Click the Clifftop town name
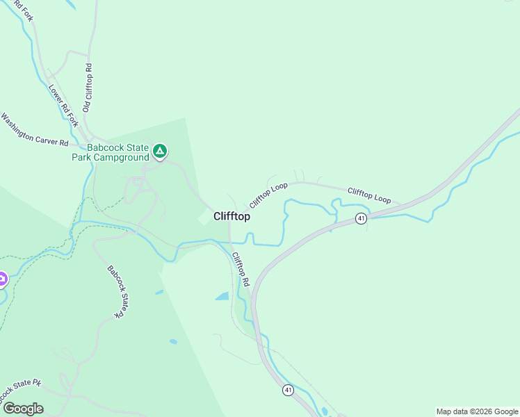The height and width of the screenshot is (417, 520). tap(232, 216)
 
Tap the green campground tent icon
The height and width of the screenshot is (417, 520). tap(160, 150)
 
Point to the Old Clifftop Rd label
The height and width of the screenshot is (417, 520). tap(88, 88)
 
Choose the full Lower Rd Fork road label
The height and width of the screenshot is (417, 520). tap(63, 106)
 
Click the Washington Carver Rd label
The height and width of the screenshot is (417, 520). tap(34, 129)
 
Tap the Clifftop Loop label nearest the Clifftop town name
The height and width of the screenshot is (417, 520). tap(268, 195)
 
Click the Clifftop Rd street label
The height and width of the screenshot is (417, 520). tap(241, 270)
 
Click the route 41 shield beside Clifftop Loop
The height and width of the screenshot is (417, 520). tap(361, 218)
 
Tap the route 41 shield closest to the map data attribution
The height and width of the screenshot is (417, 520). tap(288, 391)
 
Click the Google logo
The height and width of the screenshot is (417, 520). tap(23, 409)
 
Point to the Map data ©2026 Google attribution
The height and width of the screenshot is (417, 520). tap(478, 411)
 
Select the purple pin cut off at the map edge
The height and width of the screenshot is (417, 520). tap(2, 279)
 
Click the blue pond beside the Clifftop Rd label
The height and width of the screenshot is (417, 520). tap(222, 297)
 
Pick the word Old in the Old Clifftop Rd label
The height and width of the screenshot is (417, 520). tap(87, 106)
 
